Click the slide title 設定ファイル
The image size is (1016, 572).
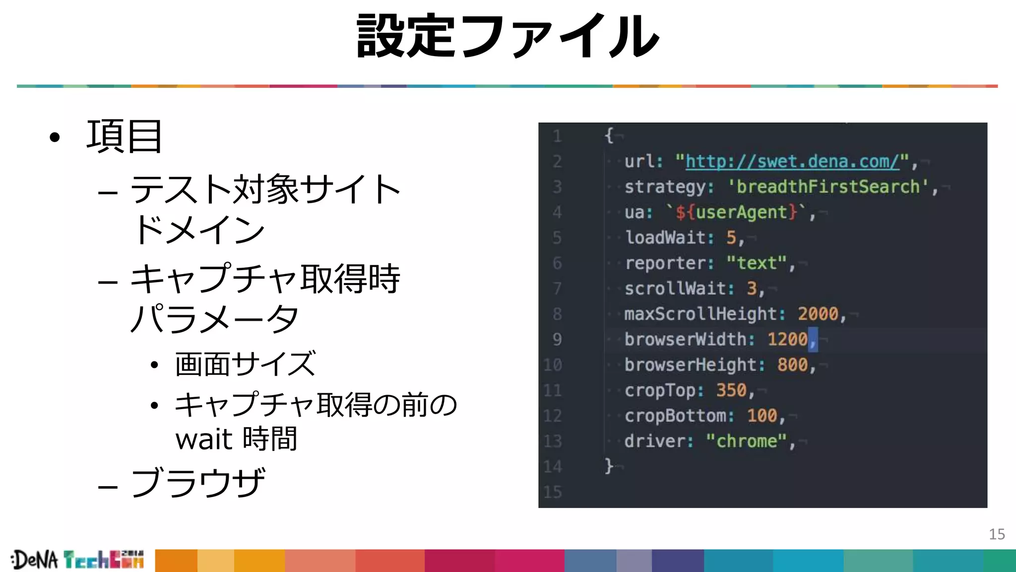coord(508,36)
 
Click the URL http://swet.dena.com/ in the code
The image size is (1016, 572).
coord(792,161)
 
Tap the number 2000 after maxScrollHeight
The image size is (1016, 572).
coord(818,314)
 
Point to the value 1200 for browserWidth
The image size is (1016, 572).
coord(787,339)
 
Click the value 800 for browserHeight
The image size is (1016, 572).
coord(792,365)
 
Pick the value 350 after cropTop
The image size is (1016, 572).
coord(731,390)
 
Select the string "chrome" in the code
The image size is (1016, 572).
coord(746,441)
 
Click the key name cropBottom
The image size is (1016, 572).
coord(675,416)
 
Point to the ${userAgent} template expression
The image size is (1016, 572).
coord(736,213)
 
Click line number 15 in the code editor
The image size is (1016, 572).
coord(553,492)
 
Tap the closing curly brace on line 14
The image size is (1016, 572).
coord(609,466)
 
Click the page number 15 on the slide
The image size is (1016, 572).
coord(997,534)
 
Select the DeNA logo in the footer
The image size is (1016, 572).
coord(35,560)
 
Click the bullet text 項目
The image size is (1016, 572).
coord(124,137)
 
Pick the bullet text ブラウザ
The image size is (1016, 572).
coord(197,483)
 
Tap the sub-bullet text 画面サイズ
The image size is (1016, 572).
coord(245,364)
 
